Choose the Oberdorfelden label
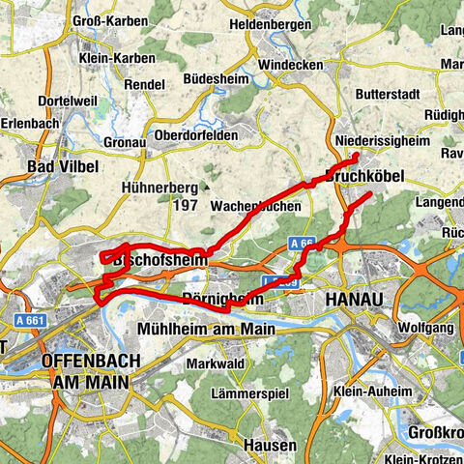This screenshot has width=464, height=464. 195,136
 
